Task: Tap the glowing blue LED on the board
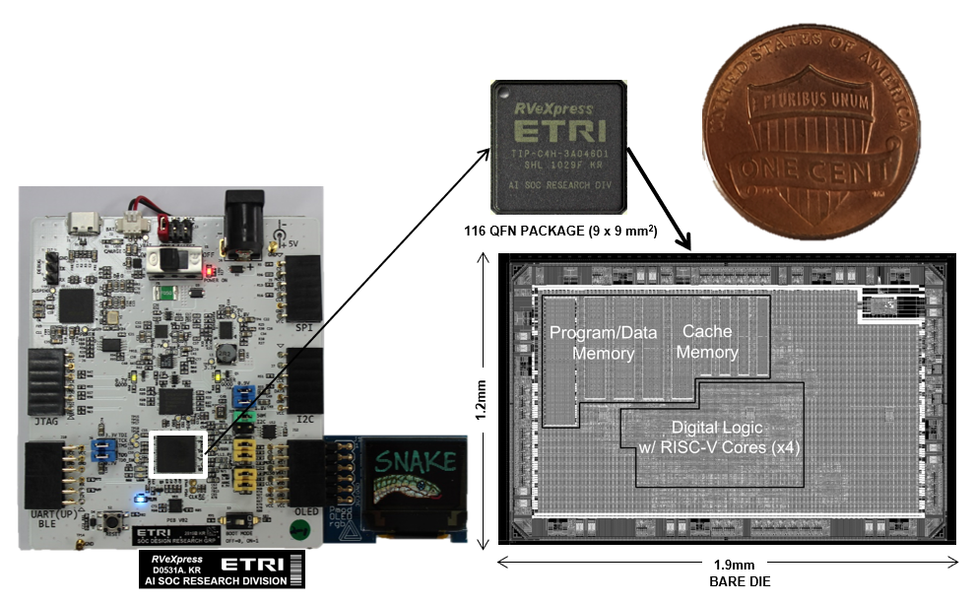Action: [139, 498]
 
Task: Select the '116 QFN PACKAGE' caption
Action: [560, 232]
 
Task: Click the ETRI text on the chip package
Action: [558, 135]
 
